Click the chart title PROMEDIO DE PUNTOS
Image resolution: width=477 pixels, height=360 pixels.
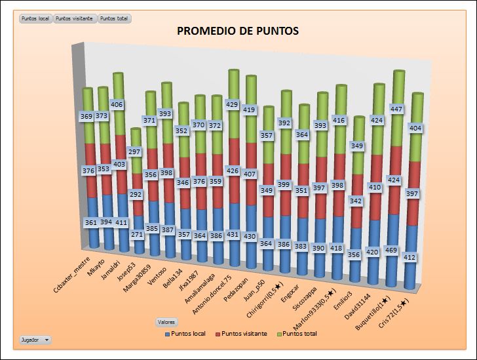(x=238, y=31)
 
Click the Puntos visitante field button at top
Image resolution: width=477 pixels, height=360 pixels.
(x=75, y=18)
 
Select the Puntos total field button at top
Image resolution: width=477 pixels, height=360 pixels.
(x=115, y=18)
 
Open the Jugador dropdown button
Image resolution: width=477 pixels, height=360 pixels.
(x=35, y=340)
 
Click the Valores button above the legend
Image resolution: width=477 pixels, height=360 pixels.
(x=166, y=322)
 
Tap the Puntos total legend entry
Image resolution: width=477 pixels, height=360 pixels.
(x=297, y=334)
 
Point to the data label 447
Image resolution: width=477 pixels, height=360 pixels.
(x=398, y=109)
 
